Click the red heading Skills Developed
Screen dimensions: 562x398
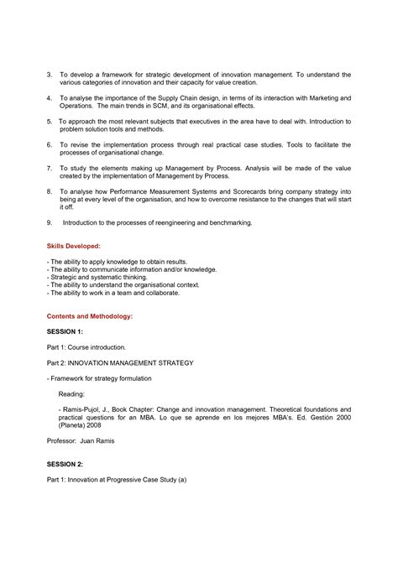74,247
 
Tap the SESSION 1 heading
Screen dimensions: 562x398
65,331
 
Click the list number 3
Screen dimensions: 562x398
49,75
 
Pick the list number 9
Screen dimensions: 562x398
49,222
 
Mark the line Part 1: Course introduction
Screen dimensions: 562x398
86,346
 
